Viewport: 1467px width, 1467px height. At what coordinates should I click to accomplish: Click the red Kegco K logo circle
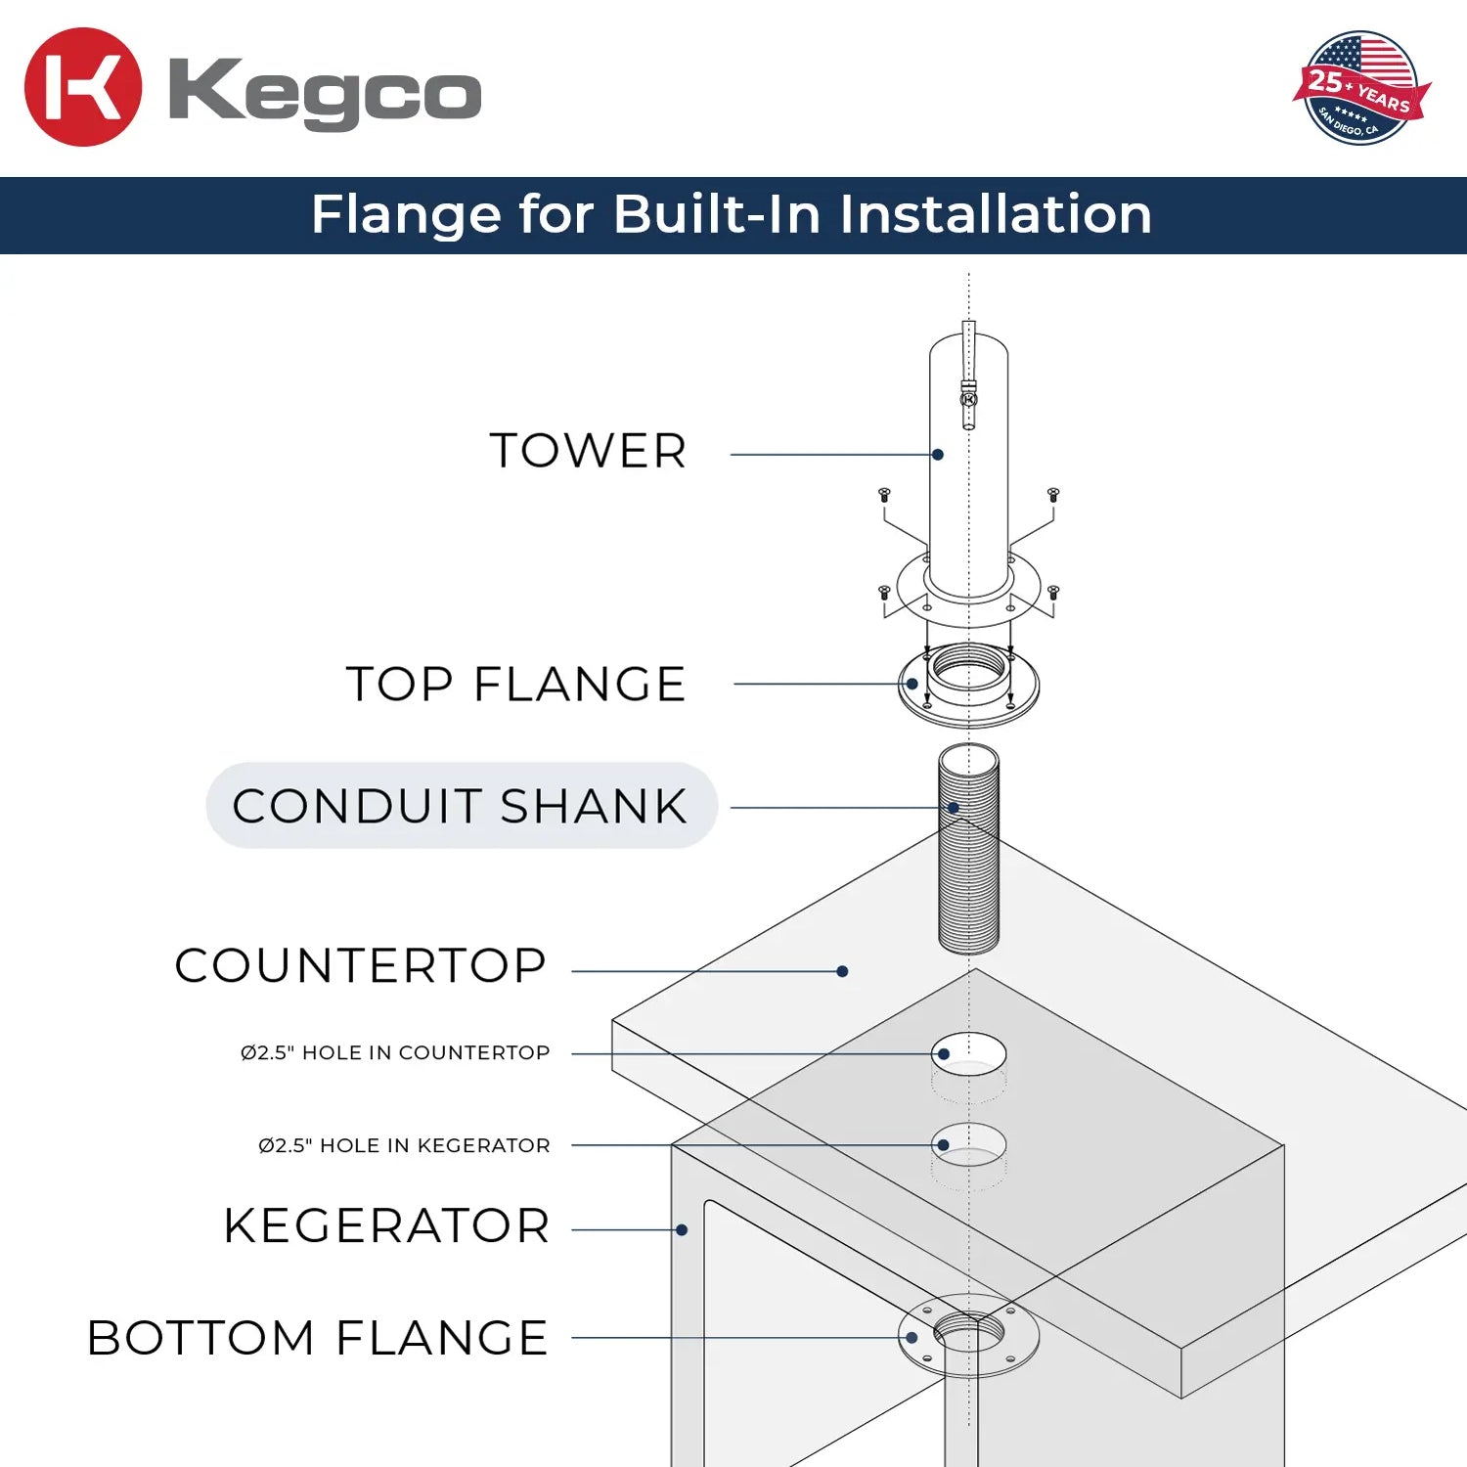(x=83, y=87)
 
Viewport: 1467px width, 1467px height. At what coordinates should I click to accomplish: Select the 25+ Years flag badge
(x=1359, y=88)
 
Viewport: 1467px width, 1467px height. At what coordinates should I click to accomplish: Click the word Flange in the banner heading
(x=405, y=214)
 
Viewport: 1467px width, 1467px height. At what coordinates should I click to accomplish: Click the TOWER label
(x=588, y=451)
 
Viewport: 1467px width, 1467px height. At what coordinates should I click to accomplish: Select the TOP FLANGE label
(x=515, y=684)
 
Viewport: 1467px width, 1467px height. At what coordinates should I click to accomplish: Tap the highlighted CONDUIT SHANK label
(x=461, y=806)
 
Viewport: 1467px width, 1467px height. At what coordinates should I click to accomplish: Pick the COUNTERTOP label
(x=360, y=965)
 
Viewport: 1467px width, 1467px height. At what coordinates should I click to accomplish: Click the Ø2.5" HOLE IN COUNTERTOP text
(x=395, y=1052)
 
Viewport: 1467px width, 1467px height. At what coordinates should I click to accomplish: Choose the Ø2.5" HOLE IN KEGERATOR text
(x=404, y=1145)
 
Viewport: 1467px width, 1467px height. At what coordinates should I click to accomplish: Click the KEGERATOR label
(x=386, y=1226)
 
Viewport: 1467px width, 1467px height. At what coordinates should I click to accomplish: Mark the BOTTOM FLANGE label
(x=318, y=1338)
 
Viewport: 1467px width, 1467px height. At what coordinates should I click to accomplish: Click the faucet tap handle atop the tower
(x=968, y=372)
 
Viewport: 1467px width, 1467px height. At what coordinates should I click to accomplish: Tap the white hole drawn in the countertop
(x=969, y=1052)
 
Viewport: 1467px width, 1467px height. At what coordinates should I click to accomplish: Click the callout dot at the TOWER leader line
(x=938, y=455)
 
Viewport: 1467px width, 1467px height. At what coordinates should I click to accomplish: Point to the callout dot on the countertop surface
(x=842, y=971)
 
